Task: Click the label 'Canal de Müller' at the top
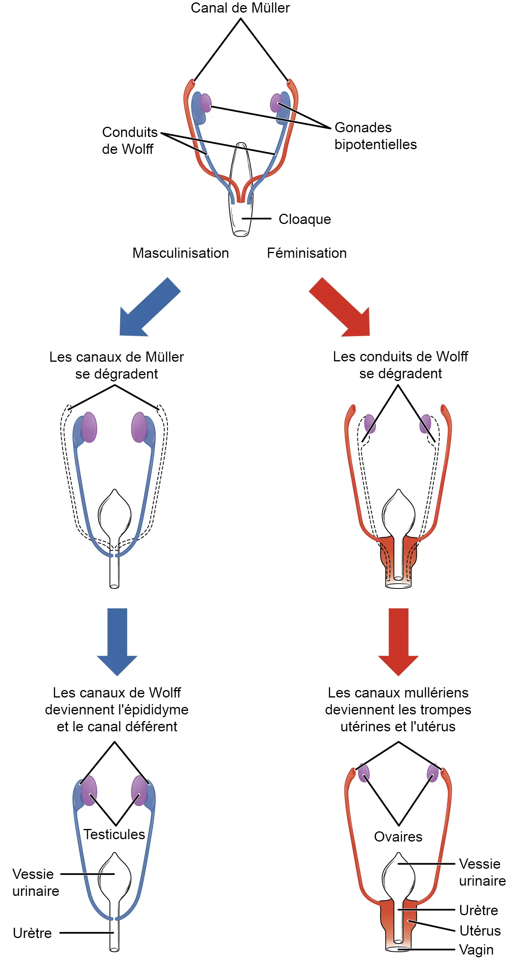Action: [x=240, y=8]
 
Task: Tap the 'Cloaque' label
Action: [x=305, y=219]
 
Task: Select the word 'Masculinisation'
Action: [x=180, y=253]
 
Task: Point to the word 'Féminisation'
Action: [x=307, y=253]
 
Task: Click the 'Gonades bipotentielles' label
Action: [x=375, y=136]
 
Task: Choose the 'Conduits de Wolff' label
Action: [x=130, y=141]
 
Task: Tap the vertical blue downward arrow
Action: [x=117, y=642]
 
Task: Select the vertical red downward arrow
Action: [x=398, y=642]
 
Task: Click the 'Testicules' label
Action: [x=114, y=834]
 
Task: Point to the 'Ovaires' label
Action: [x=398, y=837]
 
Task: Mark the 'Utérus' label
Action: [x=480, y=931]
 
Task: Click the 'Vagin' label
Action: [x=476, y=950]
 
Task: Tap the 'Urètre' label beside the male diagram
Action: [x=32, y=933]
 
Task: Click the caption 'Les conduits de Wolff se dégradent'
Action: [x=400, y=365]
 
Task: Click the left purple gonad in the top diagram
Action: [x=206, y=103]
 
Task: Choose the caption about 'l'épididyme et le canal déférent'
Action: [x=117, y=710]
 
